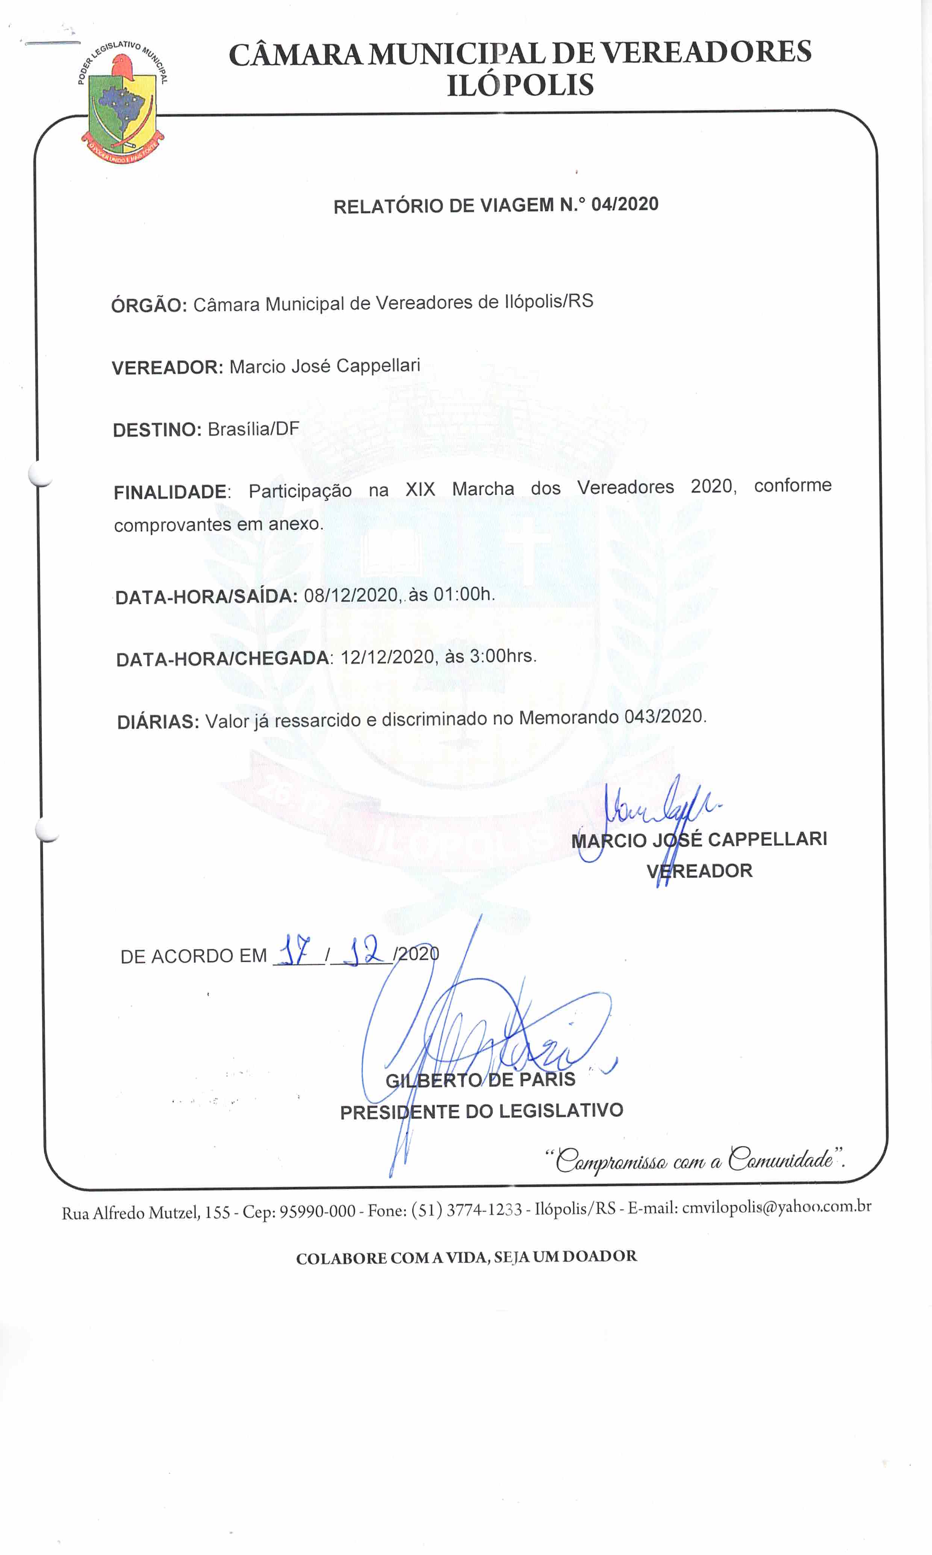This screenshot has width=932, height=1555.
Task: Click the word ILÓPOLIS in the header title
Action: pyautogui.click(x=520, y=85)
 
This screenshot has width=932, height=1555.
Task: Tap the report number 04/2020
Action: pyautogui.click(x=625, y=204)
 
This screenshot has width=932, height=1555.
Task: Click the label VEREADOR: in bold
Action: pyautogui.click(x=167, y=368)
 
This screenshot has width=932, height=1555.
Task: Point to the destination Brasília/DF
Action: pyautogui.click(x=253, y=429)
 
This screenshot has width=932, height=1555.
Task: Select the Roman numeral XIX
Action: pyautogui.click(x=420, y=489)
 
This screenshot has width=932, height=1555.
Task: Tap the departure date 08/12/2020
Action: pyautogui.click(x=351, y=595)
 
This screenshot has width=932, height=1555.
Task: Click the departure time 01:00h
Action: pyautogui.click(x=463, y=594)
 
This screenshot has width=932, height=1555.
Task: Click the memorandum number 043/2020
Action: pyautogui.click(x=665, y=716)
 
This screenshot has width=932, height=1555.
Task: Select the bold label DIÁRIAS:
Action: pyautogui.click(x=157, y=722)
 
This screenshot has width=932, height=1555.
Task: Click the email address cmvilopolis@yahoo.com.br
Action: pyautogui.click(x=776, y=1207)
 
